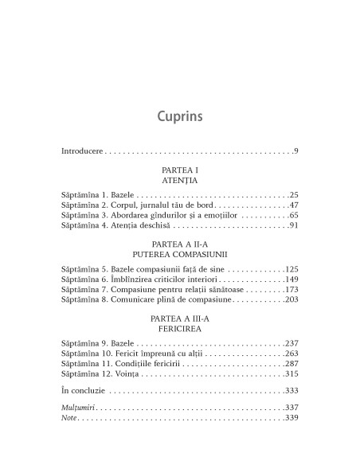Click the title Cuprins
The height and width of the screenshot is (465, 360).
(179, 116)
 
